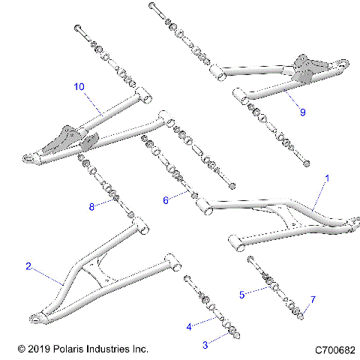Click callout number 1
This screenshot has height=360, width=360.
tap(326, 181)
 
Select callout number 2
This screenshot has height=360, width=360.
tap(28, 265)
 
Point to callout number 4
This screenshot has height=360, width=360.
tap(188, 327)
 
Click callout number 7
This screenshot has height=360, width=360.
tap(313, 300)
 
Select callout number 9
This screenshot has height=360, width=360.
tap(302, 112)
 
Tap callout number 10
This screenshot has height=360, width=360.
tap(79, 86)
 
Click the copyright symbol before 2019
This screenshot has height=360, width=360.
tap(21, 349)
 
